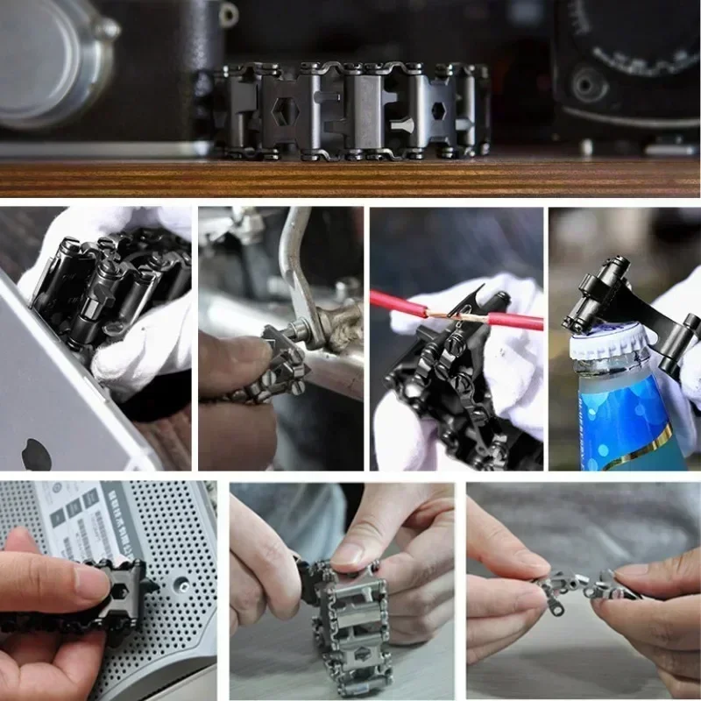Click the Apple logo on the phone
point(36,454)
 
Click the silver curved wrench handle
point(294,263)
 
